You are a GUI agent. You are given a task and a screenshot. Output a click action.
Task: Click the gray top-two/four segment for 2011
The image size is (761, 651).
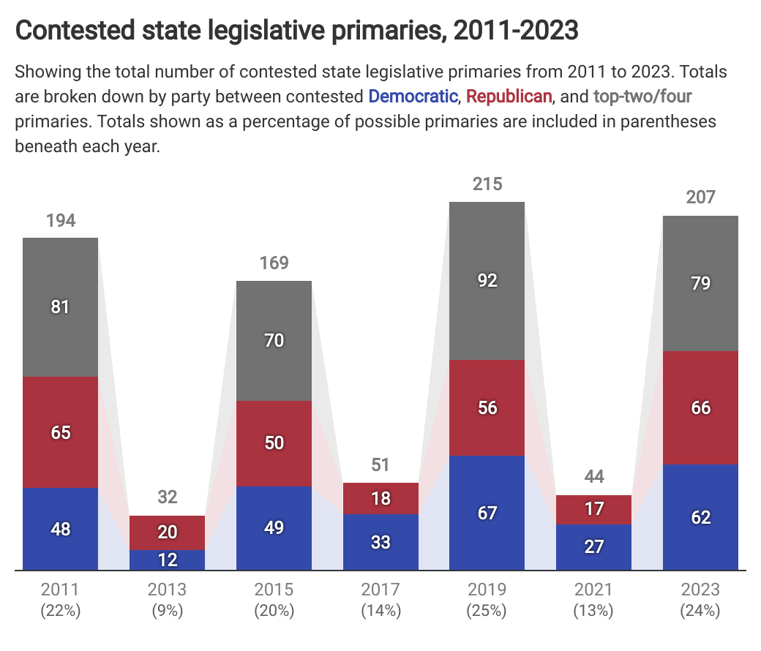(60, 307)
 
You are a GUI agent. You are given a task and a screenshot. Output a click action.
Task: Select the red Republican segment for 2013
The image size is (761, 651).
(167, 533)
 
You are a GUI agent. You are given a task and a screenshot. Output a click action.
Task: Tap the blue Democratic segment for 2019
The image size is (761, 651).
(487, 513)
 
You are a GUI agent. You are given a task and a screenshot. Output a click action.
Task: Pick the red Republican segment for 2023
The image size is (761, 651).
(700, 407)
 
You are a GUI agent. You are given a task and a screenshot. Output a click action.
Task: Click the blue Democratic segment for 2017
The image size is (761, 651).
(380, 542)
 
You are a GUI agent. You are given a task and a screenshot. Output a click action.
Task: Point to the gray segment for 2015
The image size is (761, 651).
(274, 341)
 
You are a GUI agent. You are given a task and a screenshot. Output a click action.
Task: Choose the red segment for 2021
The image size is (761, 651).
(593, 510)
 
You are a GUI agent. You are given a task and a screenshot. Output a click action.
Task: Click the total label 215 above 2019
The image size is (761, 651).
(487, 184)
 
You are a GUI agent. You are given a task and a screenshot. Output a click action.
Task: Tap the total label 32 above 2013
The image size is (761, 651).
(167, 497)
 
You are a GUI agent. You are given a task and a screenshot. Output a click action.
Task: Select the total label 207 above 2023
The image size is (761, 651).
(701, 197)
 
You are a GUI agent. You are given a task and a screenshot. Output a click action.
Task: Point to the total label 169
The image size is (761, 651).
(274, 263)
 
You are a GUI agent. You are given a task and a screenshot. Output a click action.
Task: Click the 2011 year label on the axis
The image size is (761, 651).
(60, 590)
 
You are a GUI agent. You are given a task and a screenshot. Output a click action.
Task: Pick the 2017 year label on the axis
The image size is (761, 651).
(380, 590)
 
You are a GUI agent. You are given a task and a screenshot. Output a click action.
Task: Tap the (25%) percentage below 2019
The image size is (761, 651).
(487, 610)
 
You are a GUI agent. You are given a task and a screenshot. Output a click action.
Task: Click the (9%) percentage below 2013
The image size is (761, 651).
(167, 610)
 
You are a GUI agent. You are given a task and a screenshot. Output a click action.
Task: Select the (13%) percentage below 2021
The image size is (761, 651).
(593, 610)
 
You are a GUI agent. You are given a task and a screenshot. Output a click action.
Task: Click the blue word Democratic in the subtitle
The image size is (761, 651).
(413, 96)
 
